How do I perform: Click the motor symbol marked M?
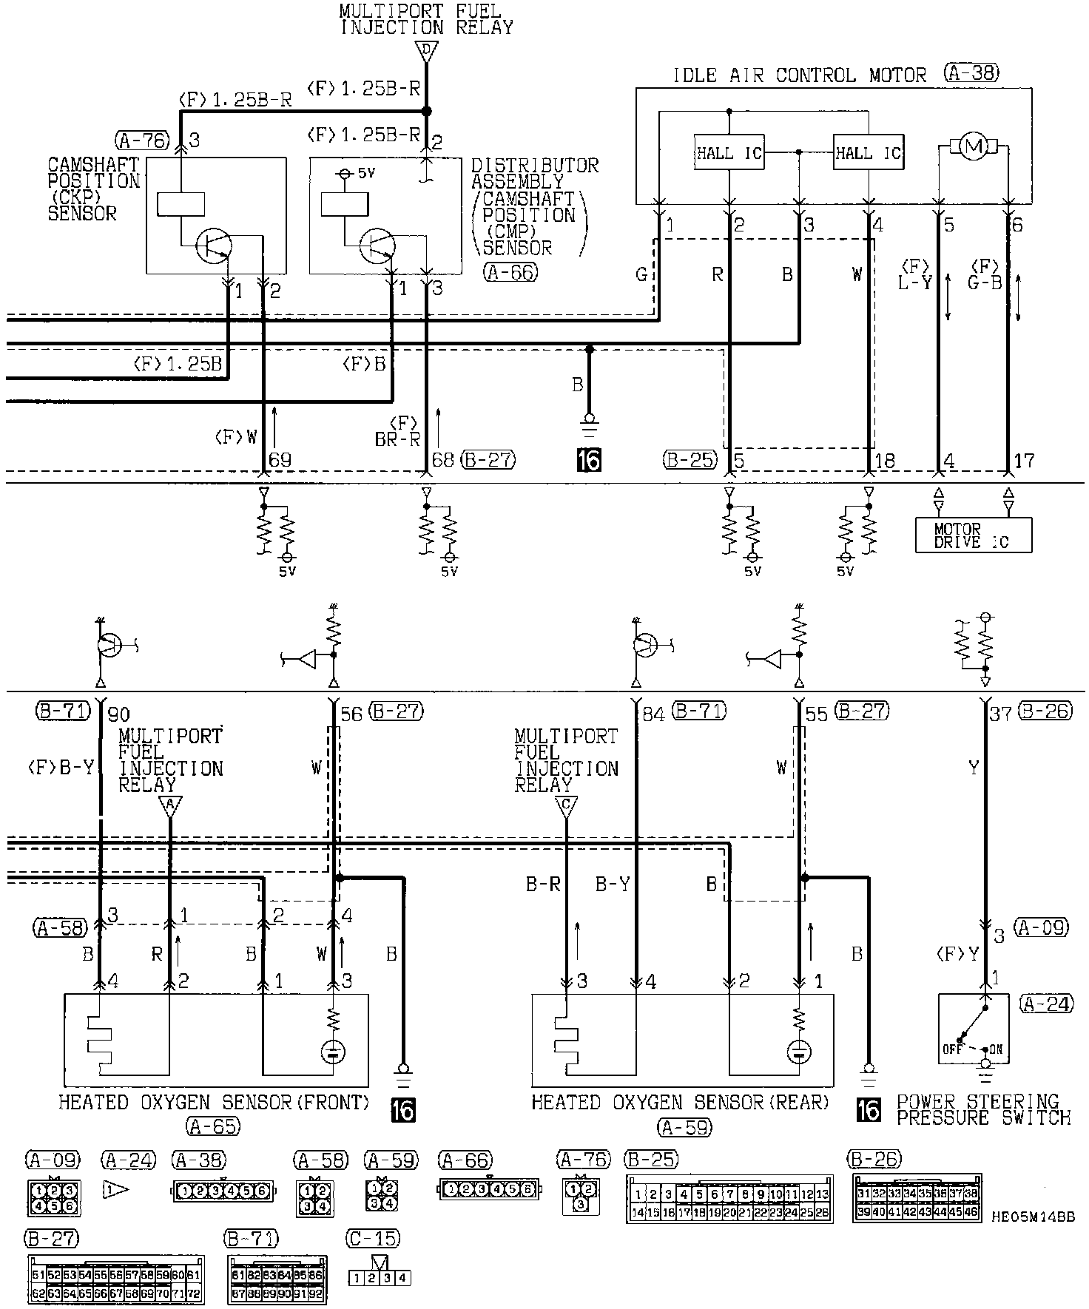974,148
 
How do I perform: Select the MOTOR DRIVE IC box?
972,535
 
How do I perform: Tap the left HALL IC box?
728,153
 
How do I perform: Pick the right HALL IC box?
868,153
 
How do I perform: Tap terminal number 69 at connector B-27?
280,460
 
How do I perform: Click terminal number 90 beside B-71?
118,714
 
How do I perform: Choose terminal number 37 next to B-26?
1000,714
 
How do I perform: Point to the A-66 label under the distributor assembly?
510,272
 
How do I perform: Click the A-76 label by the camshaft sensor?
142,139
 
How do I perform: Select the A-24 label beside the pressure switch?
1045,1004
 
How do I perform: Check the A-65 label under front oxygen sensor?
213,1126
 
